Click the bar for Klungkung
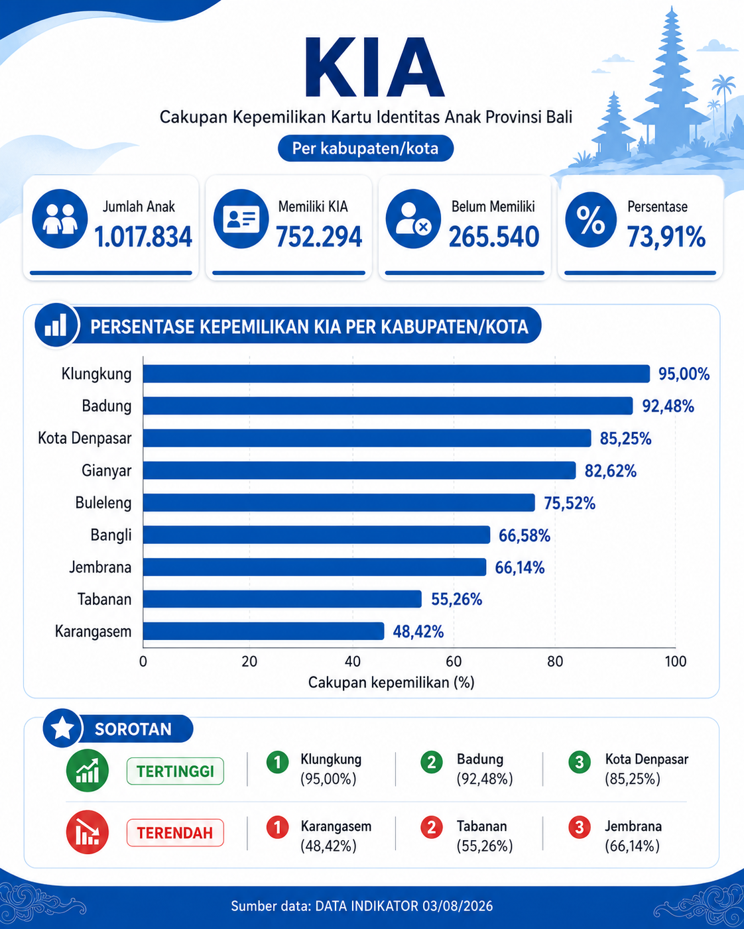pos(396,374)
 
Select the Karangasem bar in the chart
pos(263,631)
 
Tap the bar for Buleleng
pos(339,502)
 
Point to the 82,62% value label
pos(611,471)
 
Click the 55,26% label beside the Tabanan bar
pos(457,599)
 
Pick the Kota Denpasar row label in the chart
pos(85,438)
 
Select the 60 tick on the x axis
pos(454,661)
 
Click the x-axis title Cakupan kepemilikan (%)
pos(391,683)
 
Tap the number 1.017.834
pos(143,237)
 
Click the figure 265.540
pos(494,237)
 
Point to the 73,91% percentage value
pos(666,237)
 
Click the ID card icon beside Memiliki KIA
pos(241,219)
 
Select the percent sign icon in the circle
pos(591,219)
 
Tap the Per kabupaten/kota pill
pos(365,148)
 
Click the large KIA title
pos(374,68)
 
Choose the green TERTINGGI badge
pos(175,771)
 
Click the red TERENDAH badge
pos(175,833)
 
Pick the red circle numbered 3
pos(580,827)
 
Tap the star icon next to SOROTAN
pos(62,728)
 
